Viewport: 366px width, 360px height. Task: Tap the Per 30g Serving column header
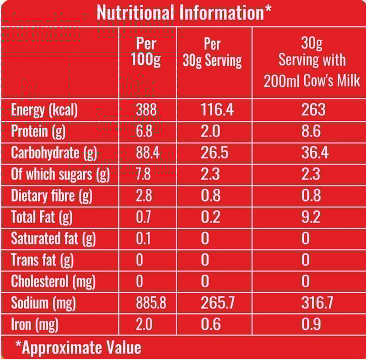coord(212,53)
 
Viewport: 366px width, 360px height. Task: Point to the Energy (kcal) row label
coord(44,110)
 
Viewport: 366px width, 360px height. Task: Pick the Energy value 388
coord(146,110)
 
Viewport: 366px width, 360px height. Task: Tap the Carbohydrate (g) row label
coord(54,153)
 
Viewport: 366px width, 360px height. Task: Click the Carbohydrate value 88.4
coord(147,153)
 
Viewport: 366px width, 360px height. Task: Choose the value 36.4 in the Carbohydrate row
coord(314,153)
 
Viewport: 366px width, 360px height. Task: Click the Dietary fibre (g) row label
coord(51,196)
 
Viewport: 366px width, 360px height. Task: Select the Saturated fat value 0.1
coord(144,239)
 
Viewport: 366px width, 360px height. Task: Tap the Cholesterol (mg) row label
coord(53,281)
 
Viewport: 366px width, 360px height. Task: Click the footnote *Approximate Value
coord(78,347)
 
